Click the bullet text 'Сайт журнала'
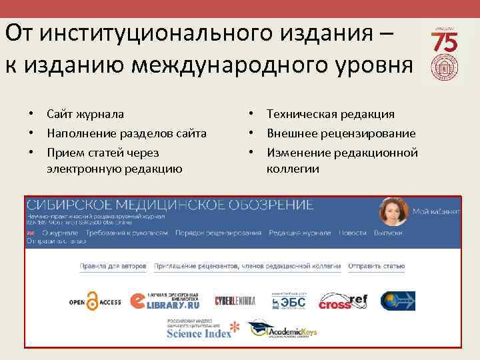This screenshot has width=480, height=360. tap(85, 115)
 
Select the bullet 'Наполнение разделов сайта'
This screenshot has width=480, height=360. tap(126, 133)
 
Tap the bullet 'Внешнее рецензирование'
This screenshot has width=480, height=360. tap(341, 133)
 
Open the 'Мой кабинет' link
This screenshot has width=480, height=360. tap(436, 211)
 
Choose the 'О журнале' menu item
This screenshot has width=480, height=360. tap(60, 233)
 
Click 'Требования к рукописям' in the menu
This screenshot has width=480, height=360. tap(126, 233)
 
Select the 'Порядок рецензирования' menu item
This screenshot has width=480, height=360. tap(218, 233)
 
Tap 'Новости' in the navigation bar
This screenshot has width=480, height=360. tap(352, 233)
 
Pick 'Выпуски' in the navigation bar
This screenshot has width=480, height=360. tap(388, 233)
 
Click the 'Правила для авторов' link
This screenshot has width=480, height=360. tap(113, 266)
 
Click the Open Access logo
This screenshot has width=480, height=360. tap(95, 301)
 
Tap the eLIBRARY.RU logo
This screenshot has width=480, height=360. tap(165, 301)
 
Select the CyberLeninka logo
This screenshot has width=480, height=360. tap(235, 301)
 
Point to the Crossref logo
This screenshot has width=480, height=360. tap(343, 302)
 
